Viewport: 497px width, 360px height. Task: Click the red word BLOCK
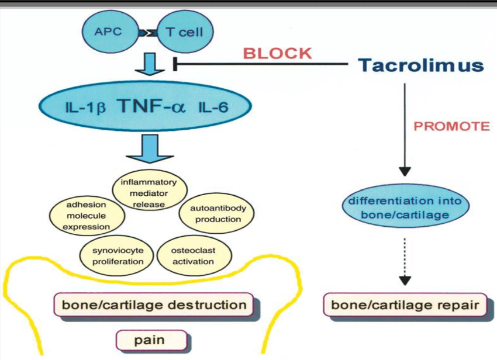coord(277,53)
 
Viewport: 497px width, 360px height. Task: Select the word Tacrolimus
coord(420,65)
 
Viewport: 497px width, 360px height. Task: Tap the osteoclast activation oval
coord(193,255)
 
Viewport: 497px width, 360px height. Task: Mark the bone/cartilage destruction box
coord(154,305)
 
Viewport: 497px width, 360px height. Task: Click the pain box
coord(152,340)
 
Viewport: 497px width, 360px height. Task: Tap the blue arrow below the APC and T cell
coord(153,64)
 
